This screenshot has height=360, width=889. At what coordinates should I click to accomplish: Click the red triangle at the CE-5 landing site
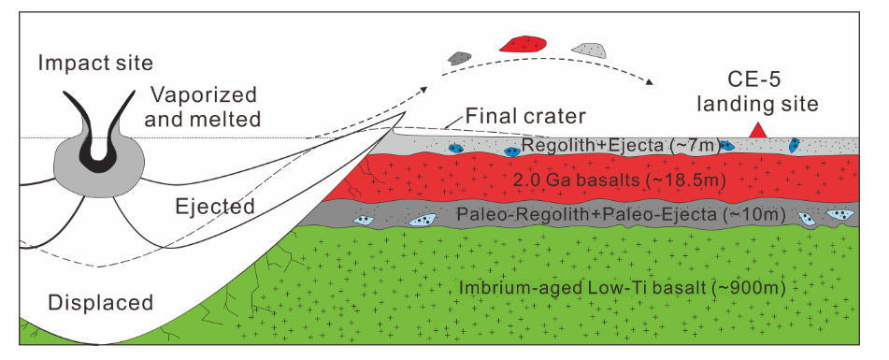tap(759, 131)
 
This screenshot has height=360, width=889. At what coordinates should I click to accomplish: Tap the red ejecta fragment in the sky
tap(523, 45)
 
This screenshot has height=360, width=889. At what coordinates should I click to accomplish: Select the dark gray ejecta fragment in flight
tap(459, 58)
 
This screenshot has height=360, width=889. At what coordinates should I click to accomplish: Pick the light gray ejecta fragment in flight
tap(589, 50)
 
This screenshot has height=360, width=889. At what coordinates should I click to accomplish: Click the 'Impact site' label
tap(95, 63)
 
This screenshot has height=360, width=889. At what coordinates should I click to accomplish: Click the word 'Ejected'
tap(214, 207)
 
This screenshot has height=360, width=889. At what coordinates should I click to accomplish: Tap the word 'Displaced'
tap(100, 302)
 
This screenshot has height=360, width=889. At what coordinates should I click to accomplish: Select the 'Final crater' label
tap(524, 117)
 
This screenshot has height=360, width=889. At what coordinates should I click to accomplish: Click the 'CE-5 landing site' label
tap(757, 93)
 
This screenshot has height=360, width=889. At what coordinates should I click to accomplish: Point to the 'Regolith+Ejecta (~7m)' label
tap(621, 146)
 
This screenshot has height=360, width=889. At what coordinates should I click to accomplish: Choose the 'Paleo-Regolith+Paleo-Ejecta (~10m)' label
tap(621, 215)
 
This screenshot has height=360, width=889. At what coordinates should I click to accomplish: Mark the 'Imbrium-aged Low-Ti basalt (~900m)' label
tap(622, 288)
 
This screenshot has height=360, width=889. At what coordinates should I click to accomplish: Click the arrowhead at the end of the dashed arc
tap(649, 82)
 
